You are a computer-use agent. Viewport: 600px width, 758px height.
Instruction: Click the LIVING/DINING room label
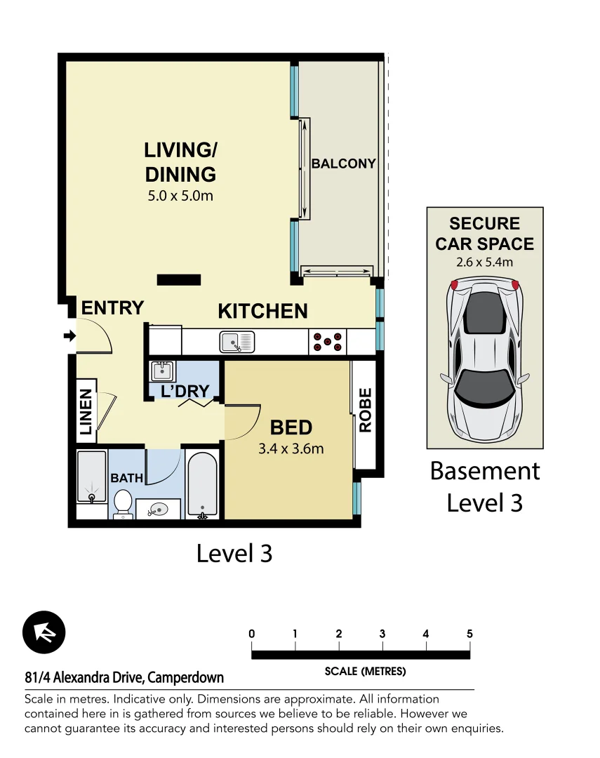point(180,161)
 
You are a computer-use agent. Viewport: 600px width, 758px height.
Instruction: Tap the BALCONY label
point(343,164)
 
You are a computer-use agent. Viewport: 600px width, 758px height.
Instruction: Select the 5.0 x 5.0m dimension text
point(180,196)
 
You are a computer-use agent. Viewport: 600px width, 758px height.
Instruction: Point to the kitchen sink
point(236,342)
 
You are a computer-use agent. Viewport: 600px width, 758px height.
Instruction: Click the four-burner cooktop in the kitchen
point(328,342)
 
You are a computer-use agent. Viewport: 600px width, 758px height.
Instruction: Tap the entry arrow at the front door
point(69,336)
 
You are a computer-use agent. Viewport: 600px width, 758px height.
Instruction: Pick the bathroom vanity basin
point(158,510)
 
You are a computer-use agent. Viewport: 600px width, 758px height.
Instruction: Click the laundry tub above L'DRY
point(162,370)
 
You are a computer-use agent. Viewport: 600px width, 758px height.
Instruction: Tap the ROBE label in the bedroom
point(365,410)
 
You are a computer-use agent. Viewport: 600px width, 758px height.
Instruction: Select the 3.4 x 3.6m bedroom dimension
point(291,448)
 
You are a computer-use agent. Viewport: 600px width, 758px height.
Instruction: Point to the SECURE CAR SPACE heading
point(484,234)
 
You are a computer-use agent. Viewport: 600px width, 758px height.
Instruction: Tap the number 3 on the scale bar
point(382,634)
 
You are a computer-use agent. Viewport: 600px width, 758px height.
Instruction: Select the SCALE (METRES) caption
point(365,672)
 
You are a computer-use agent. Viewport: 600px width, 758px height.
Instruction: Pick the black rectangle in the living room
point(179,280)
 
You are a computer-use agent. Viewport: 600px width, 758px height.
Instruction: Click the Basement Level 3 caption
point(485,486)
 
